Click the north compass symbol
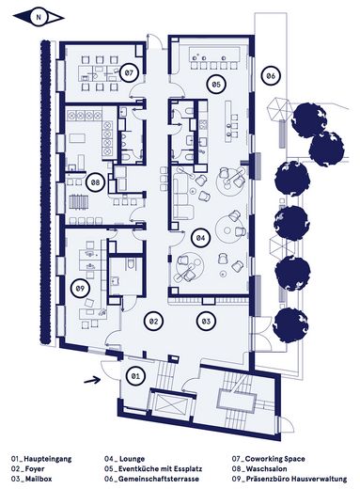[39, 16]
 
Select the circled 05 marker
[215, 84]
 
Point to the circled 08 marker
[94, 181]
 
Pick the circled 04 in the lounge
[200, 238]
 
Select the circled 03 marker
[205, 322]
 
